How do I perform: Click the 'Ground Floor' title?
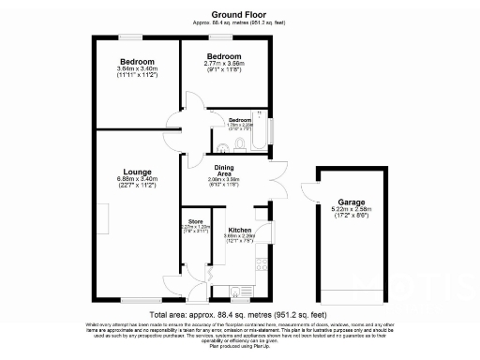tap(239, 14)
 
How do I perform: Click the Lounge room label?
tap(136, 172)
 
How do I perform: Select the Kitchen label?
tap(239, 230)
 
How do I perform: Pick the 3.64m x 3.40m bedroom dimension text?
tap(137, 69)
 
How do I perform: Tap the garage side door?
tap(309, 189)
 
